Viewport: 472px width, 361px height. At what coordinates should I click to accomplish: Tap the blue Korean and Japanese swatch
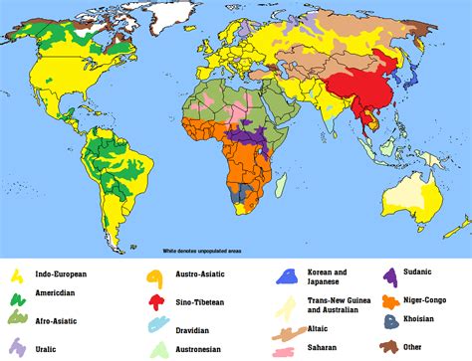pyautogui.click(x=289, y=275)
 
